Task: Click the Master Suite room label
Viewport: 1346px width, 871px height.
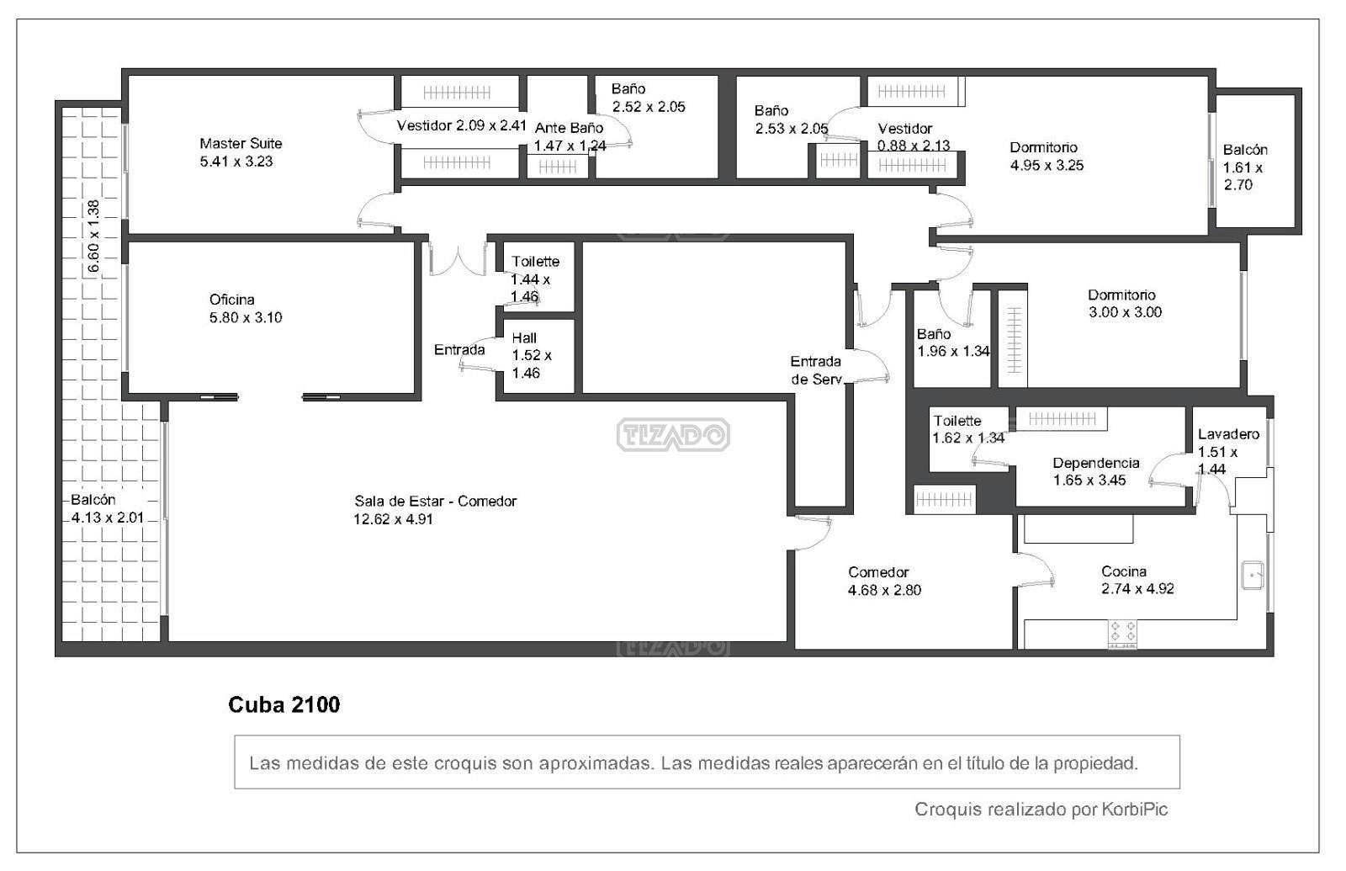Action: [x=241, y=144]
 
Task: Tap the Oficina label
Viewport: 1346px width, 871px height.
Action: [x=232, y=300]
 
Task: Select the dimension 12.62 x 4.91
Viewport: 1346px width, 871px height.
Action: [x=393, y=519]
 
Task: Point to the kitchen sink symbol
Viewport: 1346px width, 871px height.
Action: [x=1253, y=576]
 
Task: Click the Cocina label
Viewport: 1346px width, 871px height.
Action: [x=1124, y=571]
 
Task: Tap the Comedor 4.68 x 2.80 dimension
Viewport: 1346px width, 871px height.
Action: [x=884, y=590]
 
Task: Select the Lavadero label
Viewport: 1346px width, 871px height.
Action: [x=1228, y=434]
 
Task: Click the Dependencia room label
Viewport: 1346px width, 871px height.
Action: [x=1096, y=463]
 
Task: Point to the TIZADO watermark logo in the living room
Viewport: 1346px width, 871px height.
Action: [x=673, y=434]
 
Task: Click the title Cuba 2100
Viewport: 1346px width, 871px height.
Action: [x=284, y=704]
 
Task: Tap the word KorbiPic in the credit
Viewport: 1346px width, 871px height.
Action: [x=1135, y=809]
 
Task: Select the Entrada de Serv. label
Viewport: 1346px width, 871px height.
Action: [x=816, y=370]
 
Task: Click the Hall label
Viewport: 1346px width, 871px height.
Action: [x=524, y=337]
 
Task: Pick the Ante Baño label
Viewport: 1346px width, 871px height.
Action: [x=569, y=128]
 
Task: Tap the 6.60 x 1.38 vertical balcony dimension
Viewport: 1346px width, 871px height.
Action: [x=93, y=236]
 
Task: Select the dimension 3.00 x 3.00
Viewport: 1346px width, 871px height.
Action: [x=1125, y=312]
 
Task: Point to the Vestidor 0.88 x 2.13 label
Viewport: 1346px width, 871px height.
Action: [x=914, y=137]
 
